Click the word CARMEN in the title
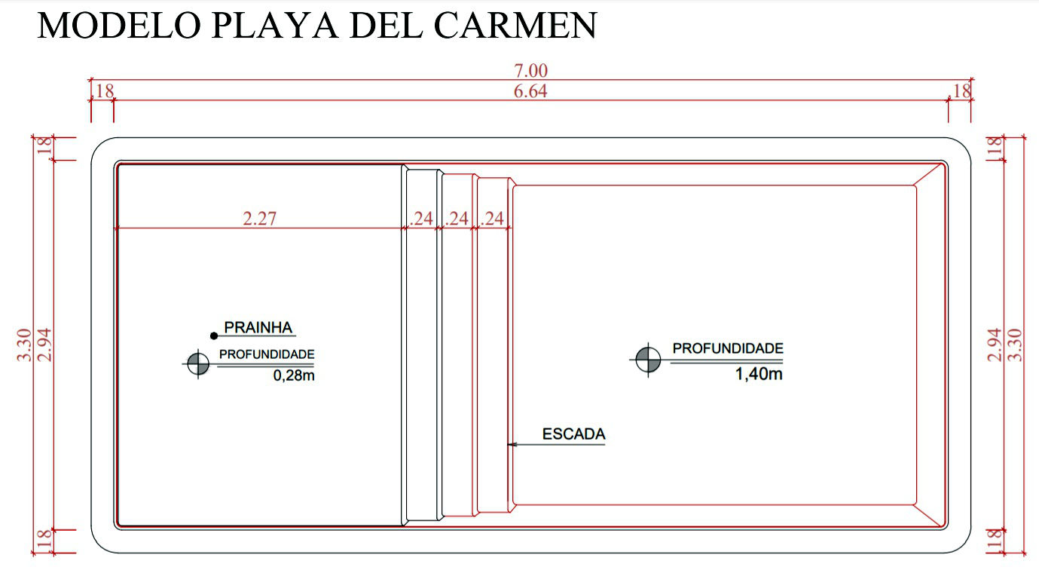coord(515,25)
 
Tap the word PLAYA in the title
coord(274,25)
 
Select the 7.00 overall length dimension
coord(530,71)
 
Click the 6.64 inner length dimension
coord(530,91)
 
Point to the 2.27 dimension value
coord(260,219)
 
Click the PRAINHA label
coord(258,327)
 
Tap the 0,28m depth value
coord(294,375)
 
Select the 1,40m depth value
coord(759,374)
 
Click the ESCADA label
coord(574,434)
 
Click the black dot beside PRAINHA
coord(214,336)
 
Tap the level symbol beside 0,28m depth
coord(198,363)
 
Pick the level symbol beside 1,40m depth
coord(648,360)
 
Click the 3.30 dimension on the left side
coord(24,345)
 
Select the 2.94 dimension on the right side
coord(995,345)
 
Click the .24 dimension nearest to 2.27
coord(421,219)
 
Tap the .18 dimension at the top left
coord(102,91)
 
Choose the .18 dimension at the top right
coord(959,91)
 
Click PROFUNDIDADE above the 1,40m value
coord(728,348)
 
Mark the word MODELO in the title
coord(119,25)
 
